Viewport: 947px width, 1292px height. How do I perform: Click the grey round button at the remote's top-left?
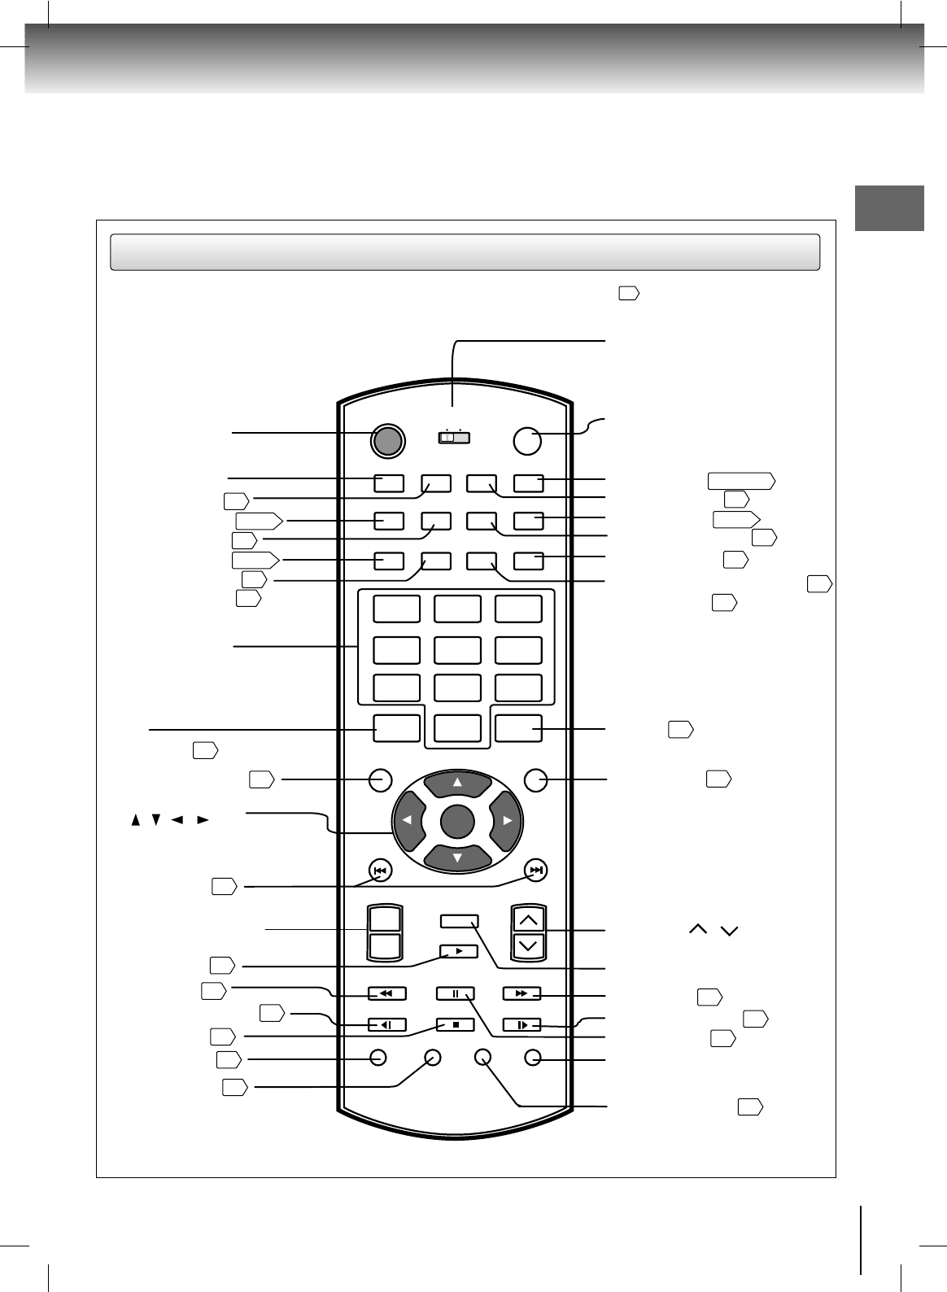click(x=387, y=440)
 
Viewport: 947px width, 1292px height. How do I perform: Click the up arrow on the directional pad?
click(x=457, y=783)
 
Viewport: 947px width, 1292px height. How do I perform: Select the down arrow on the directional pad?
click(x=457, y=857)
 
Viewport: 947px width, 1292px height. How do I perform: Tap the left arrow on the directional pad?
click(x=408, y=820)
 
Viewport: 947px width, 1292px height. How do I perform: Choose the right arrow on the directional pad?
click(x=506, y=820)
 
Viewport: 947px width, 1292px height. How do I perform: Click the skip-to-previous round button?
click(x=380, y=871)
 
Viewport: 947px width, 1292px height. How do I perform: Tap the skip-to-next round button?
click(x=535, y=871)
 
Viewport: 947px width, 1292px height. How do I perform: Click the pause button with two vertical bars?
click(x=456, y=993)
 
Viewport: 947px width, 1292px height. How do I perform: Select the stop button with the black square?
click(x=456, y=1025)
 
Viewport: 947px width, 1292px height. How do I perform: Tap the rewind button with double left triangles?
click(x=386, y=993)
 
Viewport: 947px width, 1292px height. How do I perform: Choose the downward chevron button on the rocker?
click(x=529, y=945)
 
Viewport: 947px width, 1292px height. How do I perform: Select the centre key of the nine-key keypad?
click(x=457, y=650)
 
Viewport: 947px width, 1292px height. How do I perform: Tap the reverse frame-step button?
click(x=386, y=1025)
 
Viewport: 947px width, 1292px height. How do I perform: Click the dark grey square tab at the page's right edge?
click(x=889, y=208)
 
